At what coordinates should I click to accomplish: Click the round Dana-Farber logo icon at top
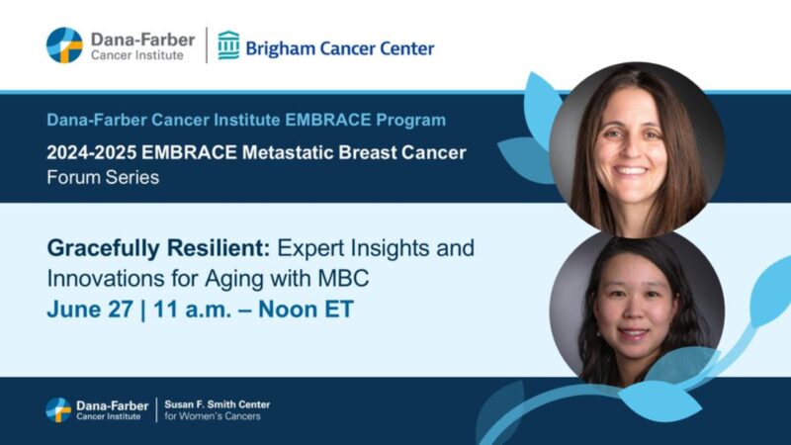(64, 45)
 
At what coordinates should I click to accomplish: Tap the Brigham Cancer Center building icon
(228, 45)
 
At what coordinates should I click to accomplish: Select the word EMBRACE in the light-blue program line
(322, 121)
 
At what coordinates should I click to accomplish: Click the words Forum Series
(102, 178)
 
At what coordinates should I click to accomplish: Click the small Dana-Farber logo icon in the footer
(58, 409)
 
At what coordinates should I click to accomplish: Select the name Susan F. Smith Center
(217, 403)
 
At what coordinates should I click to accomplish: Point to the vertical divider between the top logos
(206, 45)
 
